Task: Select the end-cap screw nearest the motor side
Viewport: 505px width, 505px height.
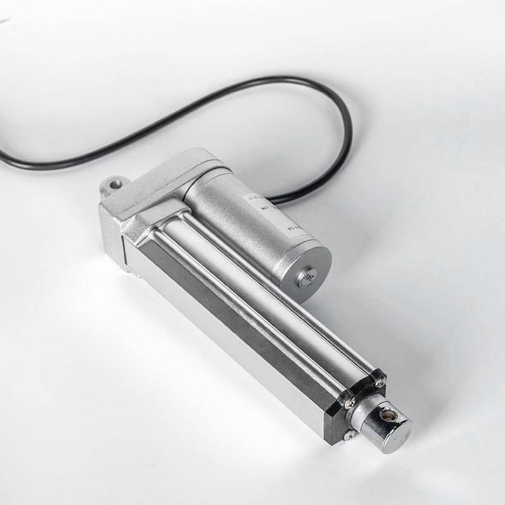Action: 380,383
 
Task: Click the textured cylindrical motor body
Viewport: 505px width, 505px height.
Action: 240,215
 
